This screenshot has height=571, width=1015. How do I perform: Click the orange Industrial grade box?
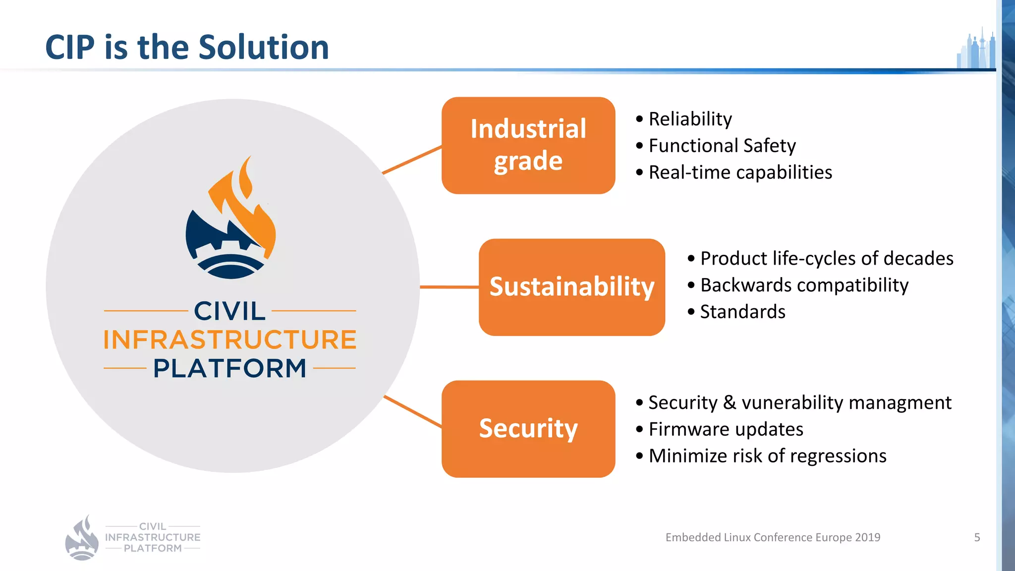click(528, 145)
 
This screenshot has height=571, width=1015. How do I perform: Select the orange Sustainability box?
click(571, 287)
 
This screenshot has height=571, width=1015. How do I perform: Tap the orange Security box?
click(528, 429)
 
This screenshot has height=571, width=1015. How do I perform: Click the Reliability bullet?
click(690, 119)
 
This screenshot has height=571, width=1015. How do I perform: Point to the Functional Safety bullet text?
click(722, 146)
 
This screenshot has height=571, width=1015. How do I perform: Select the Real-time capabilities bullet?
click(740, 172)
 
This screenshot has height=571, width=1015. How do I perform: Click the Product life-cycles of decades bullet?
click(826, 258)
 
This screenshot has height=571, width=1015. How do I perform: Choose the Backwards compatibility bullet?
click(804, 285)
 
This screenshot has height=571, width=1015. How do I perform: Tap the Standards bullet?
click(742, 312)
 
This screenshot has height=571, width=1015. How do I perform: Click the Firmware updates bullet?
click(726, 429)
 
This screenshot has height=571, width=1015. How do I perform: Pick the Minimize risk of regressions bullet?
click(767, 456)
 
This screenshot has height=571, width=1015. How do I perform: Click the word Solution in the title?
click(264, 48)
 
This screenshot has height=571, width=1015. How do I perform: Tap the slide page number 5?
click(977, 537)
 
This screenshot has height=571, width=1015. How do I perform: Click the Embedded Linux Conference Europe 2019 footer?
click(773, 537)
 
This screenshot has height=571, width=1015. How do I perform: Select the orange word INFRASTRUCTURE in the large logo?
click(230, 340)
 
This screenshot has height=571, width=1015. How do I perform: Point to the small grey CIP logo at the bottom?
click(133, 538)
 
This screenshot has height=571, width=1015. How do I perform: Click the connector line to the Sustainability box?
click(449, 287)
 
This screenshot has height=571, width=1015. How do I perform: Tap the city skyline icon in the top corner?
click(976, 50)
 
